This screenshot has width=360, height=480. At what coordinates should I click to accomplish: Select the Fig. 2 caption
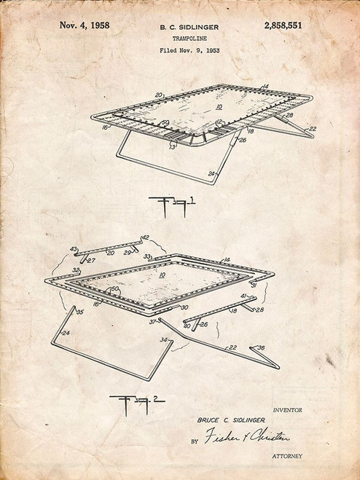[137, 403]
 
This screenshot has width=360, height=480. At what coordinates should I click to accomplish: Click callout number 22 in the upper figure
[313, 128]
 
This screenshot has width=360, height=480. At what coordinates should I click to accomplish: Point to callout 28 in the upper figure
[289, 114]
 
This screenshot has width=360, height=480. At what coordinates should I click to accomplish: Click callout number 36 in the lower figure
[262, 347]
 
